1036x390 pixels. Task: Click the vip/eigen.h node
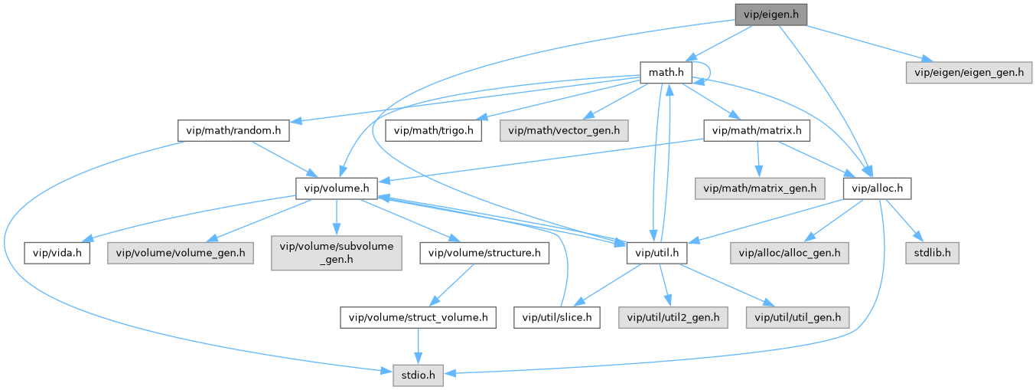point(771,15)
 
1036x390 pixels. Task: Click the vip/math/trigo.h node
point(434,130)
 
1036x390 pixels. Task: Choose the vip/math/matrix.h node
point(756,130)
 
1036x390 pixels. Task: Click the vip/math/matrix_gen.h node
point(756,187)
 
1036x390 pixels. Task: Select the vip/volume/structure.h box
point(484,251)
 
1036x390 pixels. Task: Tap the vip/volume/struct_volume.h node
point(419,316)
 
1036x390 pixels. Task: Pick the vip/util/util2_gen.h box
point(674,316)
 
